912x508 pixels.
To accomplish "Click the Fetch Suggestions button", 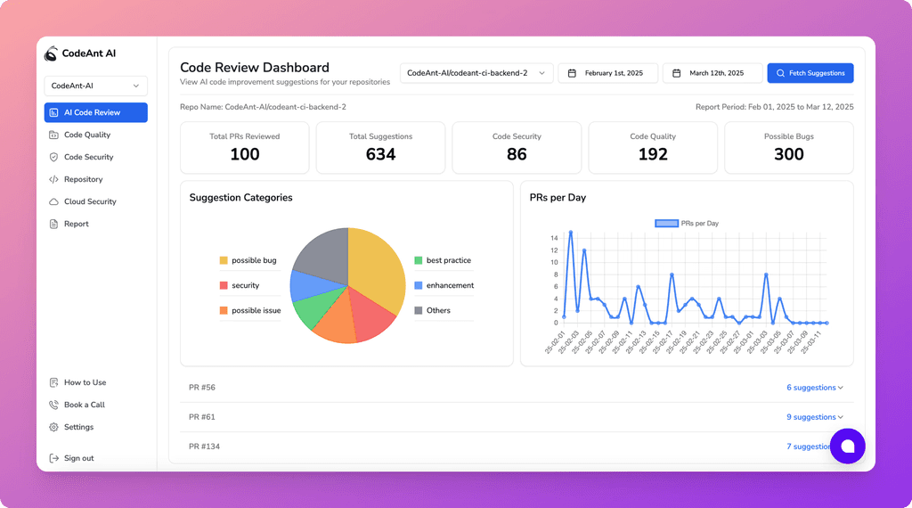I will click(x=810, y=73).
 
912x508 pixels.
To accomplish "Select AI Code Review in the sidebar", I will click(x=95, y=112).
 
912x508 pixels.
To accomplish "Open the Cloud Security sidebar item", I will click(x=89, y=201).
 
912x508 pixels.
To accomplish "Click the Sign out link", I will click(x=78, y=458).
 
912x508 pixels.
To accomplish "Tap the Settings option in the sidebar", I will click(x=78, y=427).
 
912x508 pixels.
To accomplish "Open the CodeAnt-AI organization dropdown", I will click(x=95, y=86).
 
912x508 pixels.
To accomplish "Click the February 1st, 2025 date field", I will click(x=607, y=73).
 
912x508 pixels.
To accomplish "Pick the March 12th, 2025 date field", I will click(x=712, y=73).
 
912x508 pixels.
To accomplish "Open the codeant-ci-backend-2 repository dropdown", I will click(x=476, y=73).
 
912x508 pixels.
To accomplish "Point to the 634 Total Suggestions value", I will click(x=380, y=154).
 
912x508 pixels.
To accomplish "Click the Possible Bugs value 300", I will click(x=788, y=154).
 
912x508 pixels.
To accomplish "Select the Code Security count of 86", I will click(x=517, y=154).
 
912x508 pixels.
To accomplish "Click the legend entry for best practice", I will click(x=448, y=260).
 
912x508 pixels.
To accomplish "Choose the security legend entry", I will click(x=245, y=285).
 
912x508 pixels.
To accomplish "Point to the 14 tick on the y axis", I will click(x=554, y=238).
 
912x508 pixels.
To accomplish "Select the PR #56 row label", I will click(x=202, y=388).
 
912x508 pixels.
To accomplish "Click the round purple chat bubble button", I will click(x=847, y=446).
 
